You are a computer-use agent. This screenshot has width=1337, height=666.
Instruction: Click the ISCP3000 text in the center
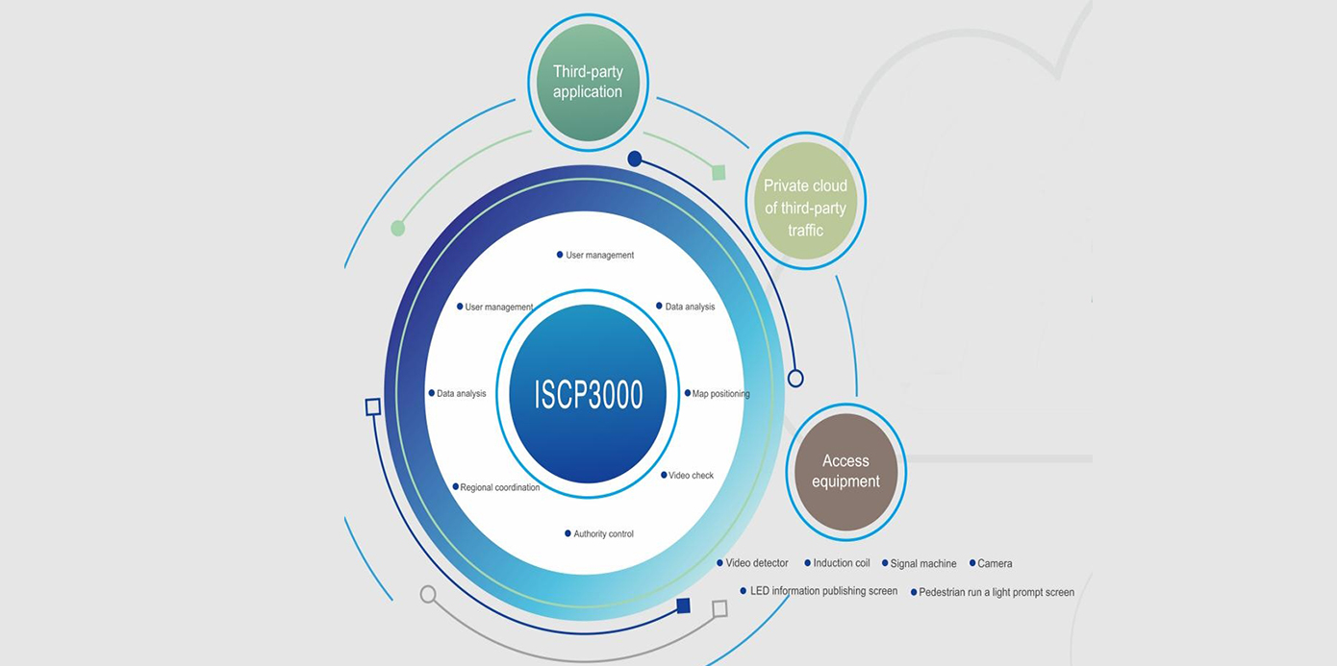tap(588, 394)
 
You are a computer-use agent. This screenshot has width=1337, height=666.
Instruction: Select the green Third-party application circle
tap(588, 83)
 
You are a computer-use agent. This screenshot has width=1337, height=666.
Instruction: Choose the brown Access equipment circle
tap(845, 472)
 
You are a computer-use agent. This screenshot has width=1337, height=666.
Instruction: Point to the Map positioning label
tap(720, 394)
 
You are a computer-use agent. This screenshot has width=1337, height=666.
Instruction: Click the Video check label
tap(691, 476)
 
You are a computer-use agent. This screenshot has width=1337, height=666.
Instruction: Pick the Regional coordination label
tap(499, 488)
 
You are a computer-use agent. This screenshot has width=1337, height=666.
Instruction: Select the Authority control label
tap(603, 534)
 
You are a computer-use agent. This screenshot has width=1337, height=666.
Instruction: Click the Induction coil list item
tap(841, 563)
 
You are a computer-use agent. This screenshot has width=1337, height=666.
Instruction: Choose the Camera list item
tap(995, 564)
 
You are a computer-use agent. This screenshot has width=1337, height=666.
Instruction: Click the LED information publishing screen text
tap(823, 591)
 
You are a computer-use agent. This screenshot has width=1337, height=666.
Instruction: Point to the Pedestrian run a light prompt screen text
tap(996, 593)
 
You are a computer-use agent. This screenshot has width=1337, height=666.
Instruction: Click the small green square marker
tap(718, 172)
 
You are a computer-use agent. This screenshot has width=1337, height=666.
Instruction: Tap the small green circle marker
tap(398, 228)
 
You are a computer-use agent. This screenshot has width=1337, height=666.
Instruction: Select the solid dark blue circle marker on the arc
tap(635, 159)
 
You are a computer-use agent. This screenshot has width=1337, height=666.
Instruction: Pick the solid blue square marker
tap(683, 605)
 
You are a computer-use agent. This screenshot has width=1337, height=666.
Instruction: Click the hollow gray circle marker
tap(428, 594)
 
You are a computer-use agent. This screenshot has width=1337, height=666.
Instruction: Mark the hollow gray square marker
tap(719, 608)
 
